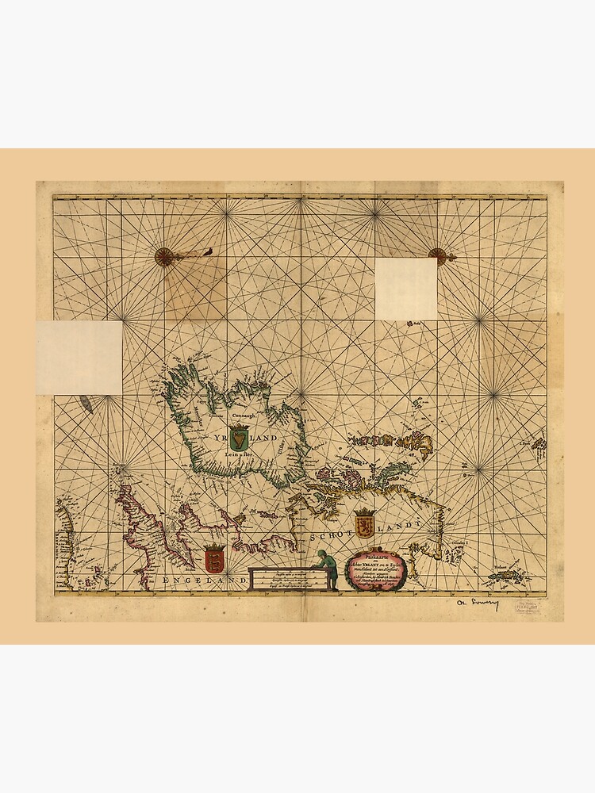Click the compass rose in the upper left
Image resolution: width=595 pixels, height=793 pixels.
coord(163,255)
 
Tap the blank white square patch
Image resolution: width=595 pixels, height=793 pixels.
coord(405,289)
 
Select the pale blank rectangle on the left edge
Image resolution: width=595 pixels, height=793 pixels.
coord(79,357)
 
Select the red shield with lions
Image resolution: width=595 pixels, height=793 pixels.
coord(214,558)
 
